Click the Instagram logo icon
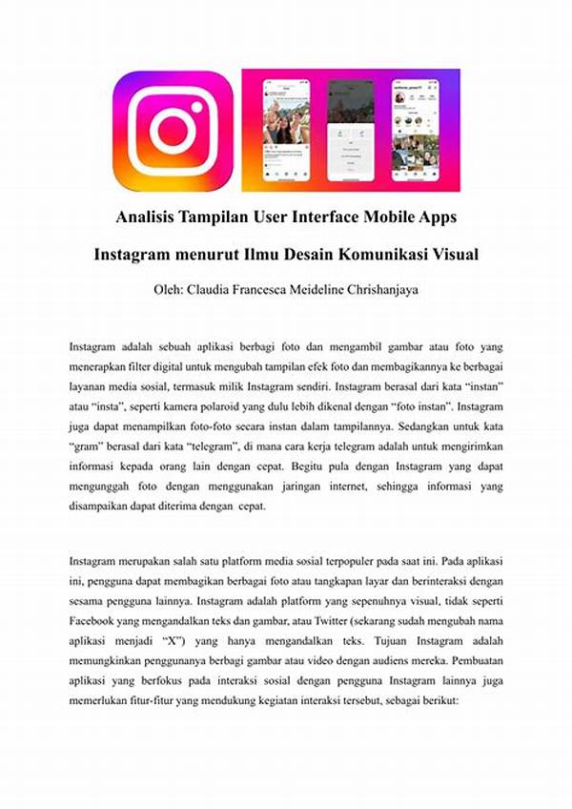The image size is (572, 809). [173, 131]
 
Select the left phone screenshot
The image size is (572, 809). [286, 130]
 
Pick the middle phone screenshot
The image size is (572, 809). [350, 130]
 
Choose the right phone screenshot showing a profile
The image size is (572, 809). [415, 130]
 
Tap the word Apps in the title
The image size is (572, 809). [435, 218]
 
